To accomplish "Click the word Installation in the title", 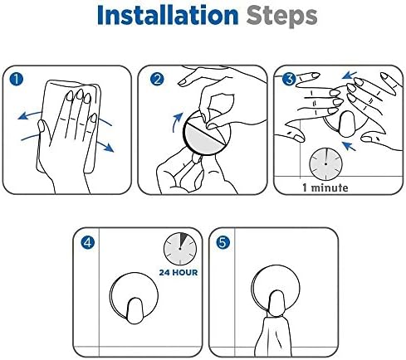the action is click(168, 16).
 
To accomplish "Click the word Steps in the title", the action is click(281, 17).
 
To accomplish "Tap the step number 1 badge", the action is click(17, 79).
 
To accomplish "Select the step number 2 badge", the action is click(157, 79).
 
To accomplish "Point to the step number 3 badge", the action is click(289, 79).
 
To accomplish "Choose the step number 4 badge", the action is click(88, 242).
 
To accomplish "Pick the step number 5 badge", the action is click(223, 242).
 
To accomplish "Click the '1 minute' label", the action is click(325, 187).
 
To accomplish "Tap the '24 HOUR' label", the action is click(179, 272).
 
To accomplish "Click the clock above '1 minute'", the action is click(325, 163).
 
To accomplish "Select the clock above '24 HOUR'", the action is click(180, 249).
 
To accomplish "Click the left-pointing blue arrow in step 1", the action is click(29, 114).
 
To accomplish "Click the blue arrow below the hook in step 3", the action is click(349, 146).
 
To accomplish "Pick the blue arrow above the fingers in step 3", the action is click(350, 75).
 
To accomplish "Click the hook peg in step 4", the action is click(135, 310).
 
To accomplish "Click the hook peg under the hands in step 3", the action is click(347, 124).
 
